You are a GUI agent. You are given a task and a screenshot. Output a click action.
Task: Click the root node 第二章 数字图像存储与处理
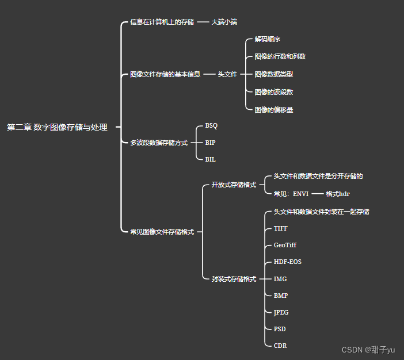[57, 128]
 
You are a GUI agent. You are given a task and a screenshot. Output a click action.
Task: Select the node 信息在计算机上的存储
[162, 22]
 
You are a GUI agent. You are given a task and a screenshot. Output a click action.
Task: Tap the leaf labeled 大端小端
[224, 22]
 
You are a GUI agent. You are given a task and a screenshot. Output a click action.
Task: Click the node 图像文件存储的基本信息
[165, 74]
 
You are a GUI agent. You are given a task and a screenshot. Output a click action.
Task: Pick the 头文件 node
[227, 74]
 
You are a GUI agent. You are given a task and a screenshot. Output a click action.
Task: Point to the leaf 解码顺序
[267, 39]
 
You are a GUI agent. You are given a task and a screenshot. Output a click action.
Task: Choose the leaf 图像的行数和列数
[280, 56]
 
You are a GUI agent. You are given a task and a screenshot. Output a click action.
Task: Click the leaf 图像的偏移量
[274, 109]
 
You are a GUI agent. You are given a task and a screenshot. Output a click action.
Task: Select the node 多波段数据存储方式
[159, 143]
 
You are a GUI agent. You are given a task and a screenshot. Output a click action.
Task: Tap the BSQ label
[211, 125]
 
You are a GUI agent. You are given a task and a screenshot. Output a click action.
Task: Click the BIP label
[210, 142]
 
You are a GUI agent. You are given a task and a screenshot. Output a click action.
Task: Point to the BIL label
[210, 159]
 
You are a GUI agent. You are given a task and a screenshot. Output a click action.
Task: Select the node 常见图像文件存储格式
[162, 232]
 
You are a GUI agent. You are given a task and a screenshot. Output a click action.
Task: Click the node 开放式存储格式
[234, 185]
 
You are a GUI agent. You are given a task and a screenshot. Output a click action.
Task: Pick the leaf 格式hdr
[337, 194]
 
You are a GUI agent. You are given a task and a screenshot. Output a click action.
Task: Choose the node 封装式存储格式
[234, 279]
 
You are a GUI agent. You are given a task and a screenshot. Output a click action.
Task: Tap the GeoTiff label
[285, 245]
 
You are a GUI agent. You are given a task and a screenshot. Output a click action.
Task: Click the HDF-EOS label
[287, 262]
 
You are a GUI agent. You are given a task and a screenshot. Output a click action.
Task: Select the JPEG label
[281, 312]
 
